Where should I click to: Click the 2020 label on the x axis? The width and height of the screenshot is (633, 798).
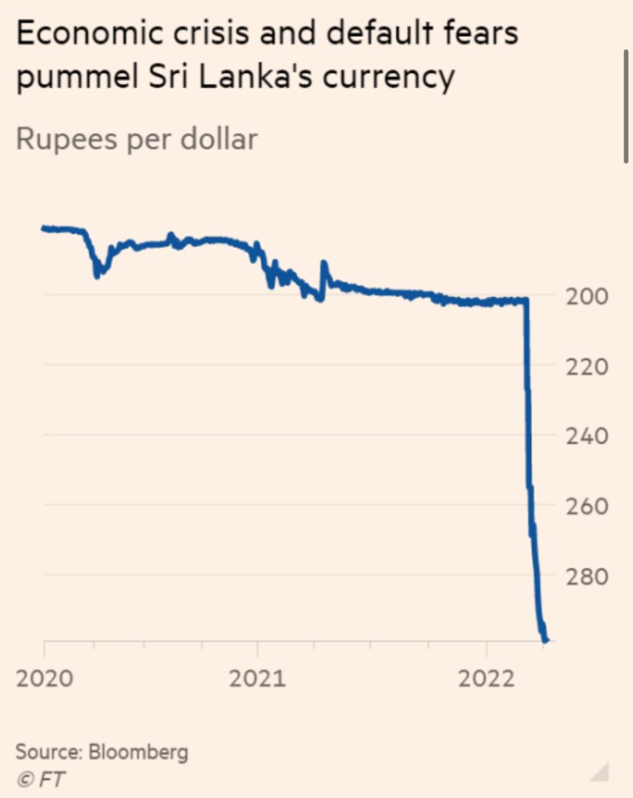pyautogui.click(x=44, y=678)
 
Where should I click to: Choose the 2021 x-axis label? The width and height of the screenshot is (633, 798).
pyautogui.click(x=257, y=678)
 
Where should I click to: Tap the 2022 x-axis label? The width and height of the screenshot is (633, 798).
pyautogui.click(x=487, y=678)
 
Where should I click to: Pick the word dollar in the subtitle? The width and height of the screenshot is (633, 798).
pyautogui.click(x=219, y=139)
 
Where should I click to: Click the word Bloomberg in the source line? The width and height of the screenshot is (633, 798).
pyautogui.click(x=138, y=752)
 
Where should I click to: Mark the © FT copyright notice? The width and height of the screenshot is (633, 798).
pyautogui.click(x=41, y=779)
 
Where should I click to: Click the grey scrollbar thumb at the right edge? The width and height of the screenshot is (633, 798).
pyautogui.click(x=627, y=105)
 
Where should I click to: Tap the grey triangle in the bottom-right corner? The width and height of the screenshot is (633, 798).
pyautogui.click(x=600, y=772)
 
